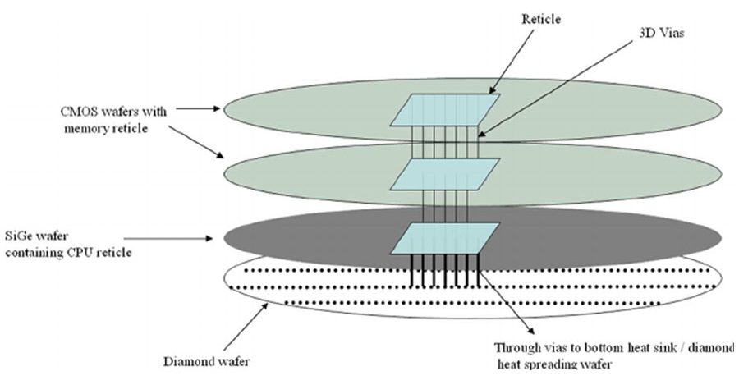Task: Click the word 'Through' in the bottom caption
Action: [520, 347]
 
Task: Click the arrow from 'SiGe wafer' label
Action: [204, 238]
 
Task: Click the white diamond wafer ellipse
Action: [312, 287]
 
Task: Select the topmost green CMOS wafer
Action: [312, 110]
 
